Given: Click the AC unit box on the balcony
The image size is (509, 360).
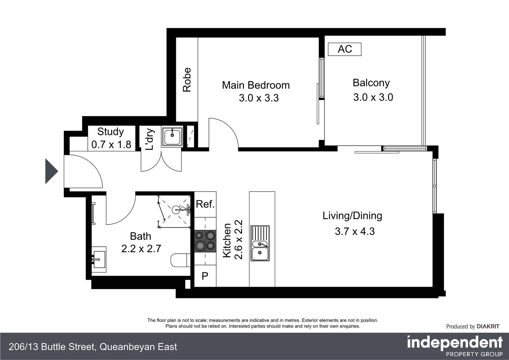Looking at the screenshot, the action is pos(344,49).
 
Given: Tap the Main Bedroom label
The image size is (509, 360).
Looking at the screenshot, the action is pos(256,85).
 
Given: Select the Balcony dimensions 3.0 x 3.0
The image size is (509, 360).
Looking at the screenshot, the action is pos(373,97).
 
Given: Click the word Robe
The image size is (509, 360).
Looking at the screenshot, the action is pos(187,80).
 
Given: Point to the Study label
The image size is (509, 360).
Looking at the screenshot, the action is pos(111,132).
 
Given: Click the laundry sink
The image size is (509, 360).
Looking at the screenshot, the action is pos(172,136).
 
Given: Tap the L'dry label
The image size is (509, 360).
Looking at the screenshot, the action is pos(150,139).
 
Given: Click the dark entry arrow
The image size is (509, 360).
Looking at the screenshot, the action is pos(52,171).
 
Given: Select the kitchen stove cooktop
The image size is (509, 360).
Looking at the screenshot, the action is pos(205,241).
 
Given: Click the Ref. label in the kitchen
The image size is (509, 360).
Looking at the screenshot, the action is pos(205,204).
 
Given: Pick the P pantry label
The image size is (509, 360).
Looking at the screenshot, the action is pos(205,276).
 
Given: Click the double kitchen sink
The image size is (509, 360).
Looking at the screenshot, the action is pos(260,243).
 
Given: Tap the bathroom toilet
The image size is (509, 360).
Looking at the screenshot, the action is pos(181,260).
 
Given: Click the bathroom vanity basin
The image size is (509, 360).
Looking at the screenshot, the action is pos(99,259).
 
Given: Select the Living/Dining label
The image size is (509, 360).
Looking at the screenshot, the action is pos(352,216).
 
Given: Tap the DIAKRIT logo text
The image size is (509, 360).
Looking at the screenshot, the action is pos(488,327).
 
